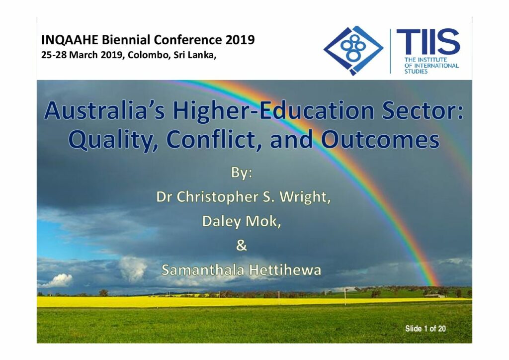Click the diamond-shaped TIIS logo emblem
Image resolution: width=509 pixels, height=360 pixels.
pos(353,50)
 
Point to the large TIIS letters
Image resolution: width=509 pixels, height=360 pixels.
pos(428,42)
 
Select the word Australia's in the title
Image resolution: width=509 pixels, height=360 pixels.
pos(105,111)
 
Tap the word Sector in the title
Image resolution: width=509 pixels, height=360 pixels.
pos(423,111)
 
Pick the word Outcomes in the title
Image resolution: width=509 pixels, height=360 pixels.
pos(380,140)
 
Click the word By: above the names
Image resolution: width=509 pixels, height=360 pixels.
pos(242,173)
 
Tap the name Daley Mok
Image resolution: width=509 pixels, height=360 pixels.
pos(241,221)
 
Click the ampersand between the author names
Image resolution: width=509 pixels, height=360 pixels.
pos(241,245)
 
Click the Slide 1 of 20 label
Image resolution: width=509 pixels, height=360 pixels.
pos(425,329)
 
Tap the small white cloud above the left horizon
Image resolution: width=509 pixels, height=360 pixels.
pos(58,280)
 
